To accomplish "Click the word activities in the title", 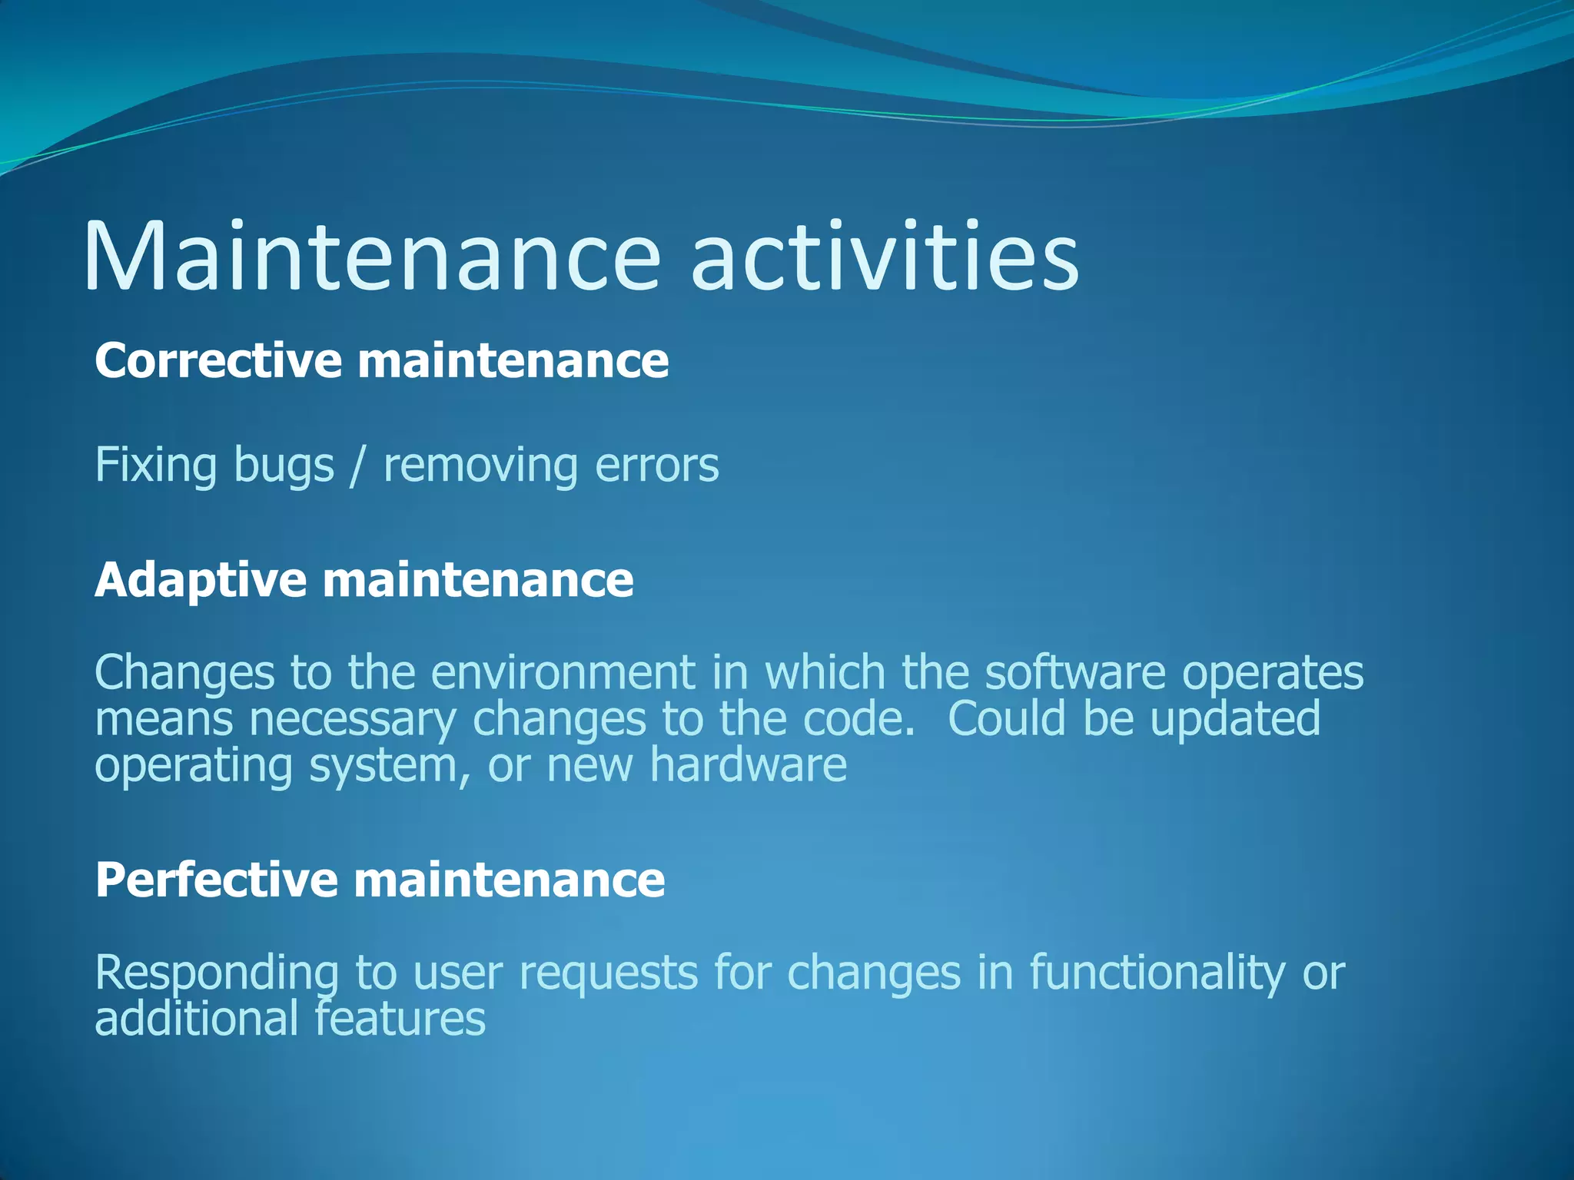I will pyautogui.click(x=885, y=257).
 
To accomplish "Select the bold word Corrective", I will pyautogui.click(x=218, y=360).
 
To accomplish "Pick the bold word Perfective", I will pyautogui.click(x=216, y=880).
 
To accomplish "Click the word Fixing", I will pyautogui.click(x=156, y=466).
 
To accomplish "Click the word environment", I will pyautogui.click(x=563, y=673).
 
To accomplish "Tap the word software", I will pyautogui.click(x=1075, y=673).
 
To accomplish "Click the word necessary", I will pyautogui.click(x=353, y=721).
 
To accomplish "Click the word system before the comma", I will pyautogui.click(x=384, y=767).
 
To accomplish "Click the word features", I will pyautogui.click(x=400, y=1019).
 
